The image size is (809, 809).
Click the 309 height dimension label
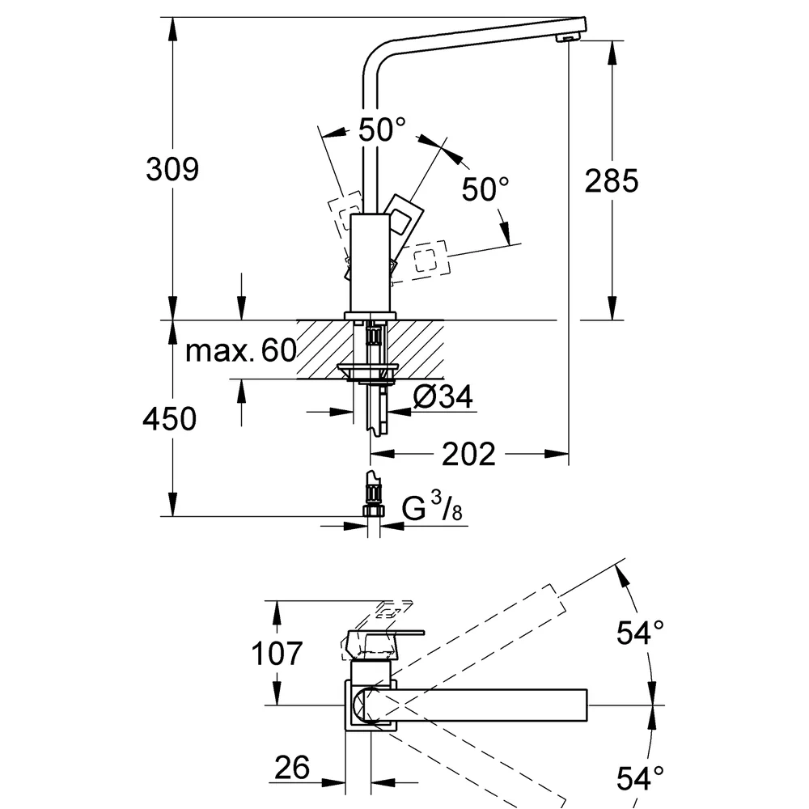pos(172,169)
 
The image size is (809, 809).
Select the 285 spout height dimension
pos(612,180)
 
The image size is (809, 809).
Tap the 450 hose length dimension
pos(170,418)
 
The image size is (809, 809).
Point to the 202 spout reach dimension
pos(468,454)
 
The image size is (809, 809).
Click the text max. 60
pos(241,350)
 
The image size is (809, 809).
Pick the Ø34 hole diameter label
pos(443,396)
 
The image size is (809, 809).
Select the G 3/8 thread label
pos(432,506)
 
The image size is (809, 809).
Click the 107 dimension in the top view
pos(277,653)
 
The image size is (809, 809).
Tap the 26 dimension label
pos(292,767)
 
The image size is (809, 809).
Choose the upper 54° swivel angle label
pos(640,633)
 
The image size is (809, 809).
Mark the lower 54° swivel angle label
pos(640,778)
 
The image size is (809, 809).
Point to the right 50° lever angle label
pos(485,188)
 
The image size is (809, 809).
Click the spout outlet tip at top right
pos(569,38)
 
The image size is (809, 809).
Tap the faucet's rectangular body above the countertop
pos(370,262)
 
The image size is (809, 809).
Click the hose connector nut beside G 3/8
pos(374,510)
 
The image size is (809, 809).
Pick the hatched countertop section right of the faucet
pos(416,349)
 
